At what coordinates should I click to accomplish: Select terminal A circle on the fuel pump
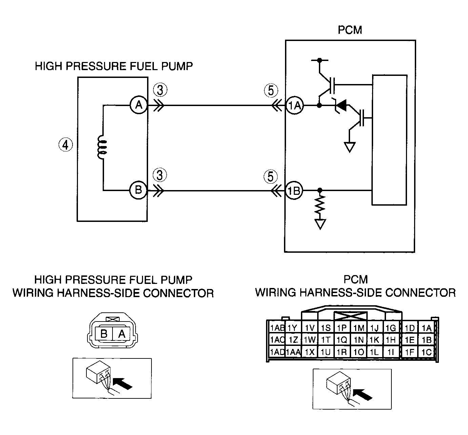click(x=139, y=105)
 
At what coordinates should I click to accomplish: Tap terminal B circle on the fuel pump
click(x=138, y=190)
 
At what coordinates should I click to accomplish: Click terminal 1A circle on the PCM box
click(x=294, y=105)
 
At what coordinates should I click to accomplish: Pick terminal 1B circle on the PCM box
click(x=294, y=190)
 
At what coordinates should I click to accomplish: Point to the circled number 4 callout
click(x=65, y=145)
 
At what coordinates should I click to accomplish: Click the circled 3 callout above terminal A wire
click(x=160, y=90)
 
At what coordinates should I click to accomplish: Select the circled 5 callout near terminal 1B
click(x=270, y=177)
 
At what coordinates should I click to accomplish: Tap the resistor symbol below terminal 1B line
click(x=320, y=205)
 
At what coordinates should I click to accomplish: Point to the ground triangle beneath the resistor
click(x=320, y=224)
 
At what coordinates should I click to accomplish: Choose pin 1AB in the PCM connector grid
click(x=277, y=328)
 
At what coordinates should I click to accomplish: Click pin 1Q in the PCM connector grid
click(x=342, y=339)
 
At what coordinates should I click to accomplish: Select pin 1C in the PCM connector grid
click(x=427, y=352)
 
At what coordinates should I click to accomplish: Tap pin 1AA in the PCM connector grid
click(x=293, y=352)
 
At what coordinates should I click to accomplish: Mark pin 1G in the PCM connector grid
click(x=391, y=328)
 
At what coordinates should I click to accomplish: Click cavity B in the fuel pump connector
click(x=104, y=334)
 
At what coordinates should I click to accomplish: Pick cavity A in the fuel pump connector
click(x=122, y=334)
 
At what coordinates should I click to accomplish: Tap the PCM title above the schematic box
click(x=350, y=30)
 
